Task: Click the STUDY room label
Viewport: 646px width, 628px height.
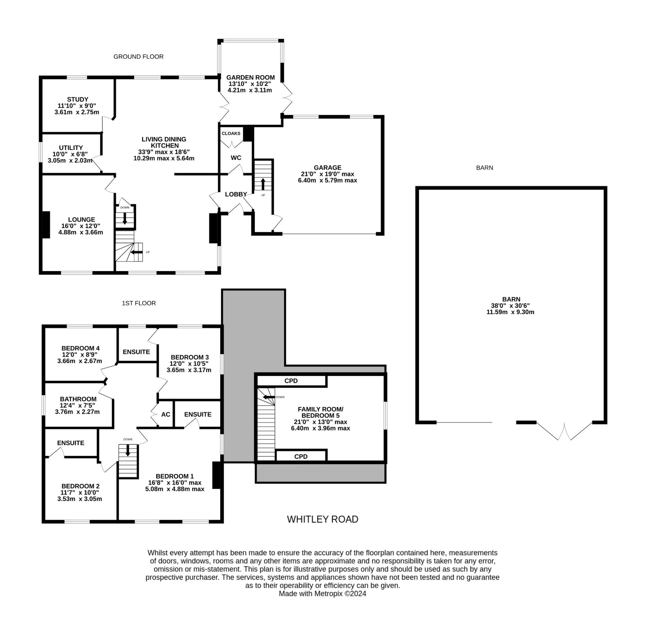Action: [x=78, y=99]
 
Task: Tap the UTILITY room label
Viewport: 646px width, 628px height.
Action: [x=71, y=148]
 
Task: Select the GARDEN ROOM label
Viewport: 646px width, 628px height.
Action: [x=250, y=78]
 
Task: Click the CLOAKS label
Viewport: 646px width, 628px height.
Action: [x=231, y=134]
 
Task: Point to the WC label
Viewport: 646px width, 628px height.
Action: [x=236, y=158]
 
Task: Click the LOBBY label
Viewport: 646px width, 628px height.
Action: [x=236, y=194]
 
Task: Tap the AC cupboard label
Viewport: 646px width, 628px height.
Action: [x=166, y=414]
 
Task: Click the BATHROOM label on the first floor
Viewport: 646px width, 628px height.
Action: [x=78, y=399]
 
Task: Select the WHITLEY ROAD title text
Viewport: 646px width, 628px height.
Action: [x=322, y=519]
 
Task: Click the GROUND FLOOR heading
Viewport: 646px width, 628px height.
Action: [x=139, y=57]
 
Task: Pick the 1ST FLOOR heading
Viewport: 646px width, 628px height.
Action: [x=139, y=303]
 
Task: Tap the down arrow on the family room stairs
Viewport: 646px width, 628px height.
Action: [x=269, y=397]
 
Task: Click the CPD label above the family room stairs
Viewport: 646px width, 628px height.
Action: [x=291, y=381]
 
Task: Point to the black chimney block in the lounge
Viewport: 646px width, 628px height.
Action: [x=46, y=225]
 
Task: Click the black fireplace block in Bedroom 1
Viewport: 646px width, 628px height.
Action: [x=216, y=475]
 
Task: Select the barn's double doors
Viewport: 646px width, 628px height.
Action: [x=564, y=431]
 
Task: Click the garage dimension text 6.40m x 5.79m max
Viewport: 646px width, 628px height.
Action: [x=328, y=180]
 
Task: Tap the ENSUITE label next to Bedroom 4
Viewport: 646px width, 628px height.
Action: [x=136, y=352]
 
